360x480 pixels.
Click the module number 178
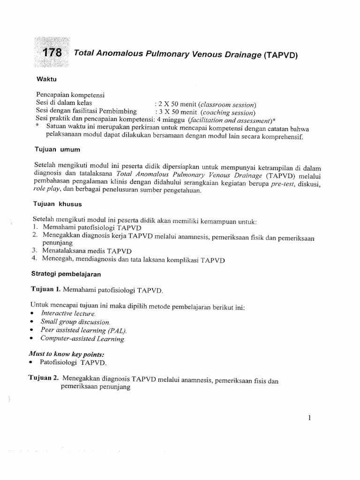pyautogui.click(x=52, y=53)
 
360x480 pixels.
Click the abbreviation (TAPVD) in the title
pyautogui.click(x=281, y=55)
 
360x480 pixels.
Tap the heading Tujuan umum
pyautogui.click(x=57, y=150)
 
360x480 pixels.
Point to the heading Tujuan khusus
pyautogui.click(x=59, y=204)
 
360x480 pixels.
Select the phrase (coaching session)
pyautogui.click(x=228, y=112)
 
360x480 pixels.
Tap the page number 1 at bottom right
pyautogui.click(x=310, y=418)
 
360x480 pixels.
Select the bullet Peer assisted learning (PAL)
pyautogui.click(x=77, y=330)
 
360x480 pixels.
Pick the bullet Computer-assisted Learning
pyautogui.click(x=83, y=338)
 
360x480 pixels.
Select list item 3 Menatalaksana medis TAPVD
pyautogui.click(x=78, y=251)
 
